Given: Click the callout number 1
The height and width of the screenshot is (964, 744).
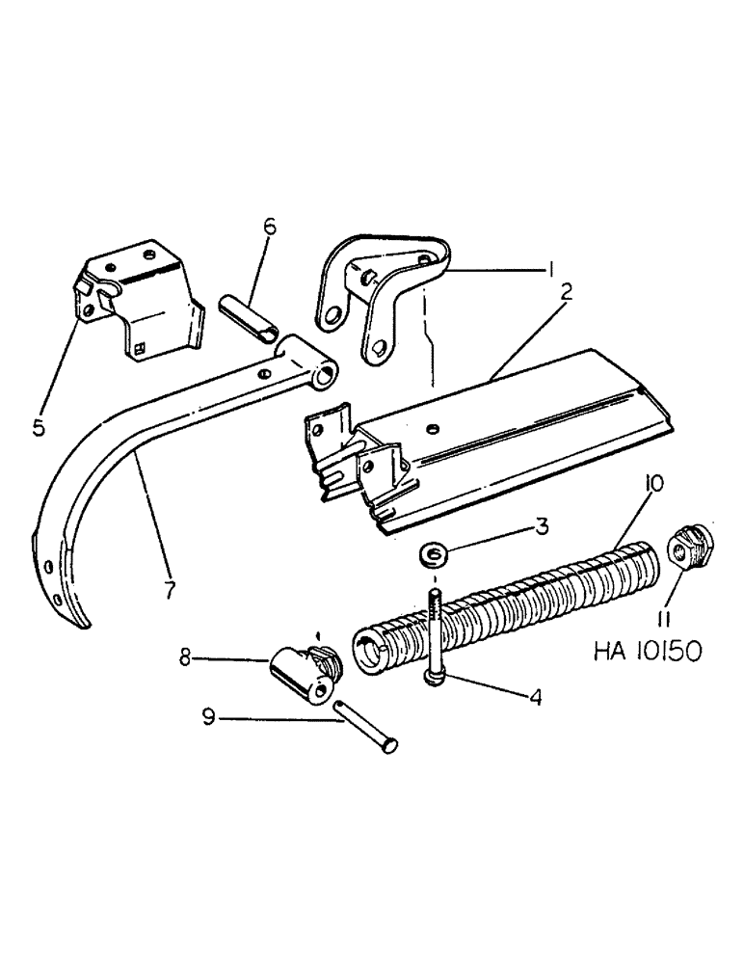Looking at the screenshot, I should pos(550,272).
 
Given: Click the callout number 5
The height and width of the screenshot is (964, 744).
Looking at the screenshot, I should pos(39,427).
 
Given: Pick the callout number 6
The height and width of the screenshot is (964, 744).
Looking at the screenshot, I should pos(269,227).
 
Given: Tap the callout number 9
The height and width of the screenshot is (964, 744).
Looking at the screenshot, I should pos(206,717).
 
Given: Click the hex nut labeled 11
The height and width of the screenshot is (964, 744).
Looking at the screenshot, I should pos(690,546).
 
